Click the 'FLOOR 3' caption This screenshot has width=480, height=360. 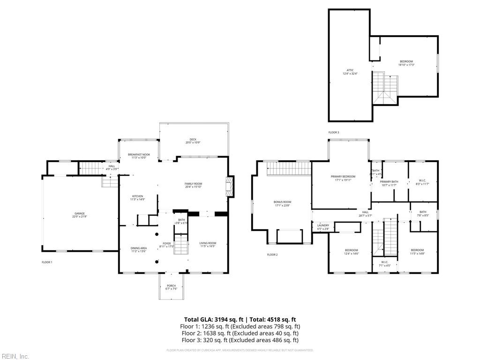tap(333, 133)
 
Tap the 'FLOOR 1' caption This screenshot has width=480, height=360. tap(47, 262)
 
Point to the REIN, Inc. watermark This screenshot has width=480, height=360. tap(15, 357)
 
